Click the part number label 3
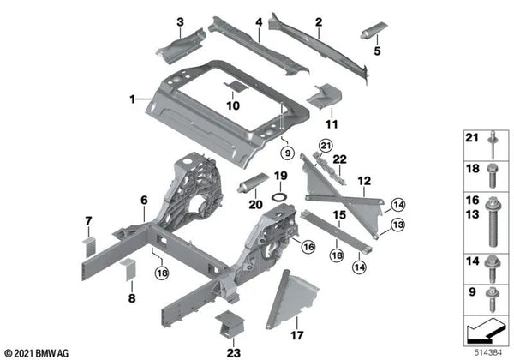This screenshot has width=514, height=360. (180, 22)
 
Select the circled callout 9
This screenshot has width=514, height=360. (288, 153)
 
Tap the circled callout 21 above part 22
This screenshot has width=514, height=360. (326, 146)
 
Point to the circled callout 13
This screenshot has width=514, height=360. (397, 225)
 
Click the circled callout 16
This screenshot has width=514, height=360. (308, 247)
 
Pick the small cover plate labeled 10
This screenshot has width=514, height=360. (236, 87)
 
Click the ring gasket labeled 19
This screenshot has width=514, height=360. (279, 197)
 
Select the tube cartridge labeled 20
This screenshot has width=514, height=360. (253, 183)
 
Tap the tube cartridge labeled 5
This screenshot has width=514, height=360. (374, 30)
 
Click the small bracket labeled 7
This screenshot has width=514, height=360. (89, 248)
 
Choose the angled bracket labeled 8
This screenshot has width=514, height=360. (128, 269)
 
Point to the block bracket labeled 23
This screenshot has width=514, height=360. (230, 324)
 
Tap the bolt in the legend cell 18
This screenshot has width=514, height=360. (493, 176)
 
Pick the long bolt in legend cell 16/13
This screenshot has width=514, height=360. (493, 222)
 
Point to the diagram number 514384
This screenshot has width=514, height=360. (488, 353)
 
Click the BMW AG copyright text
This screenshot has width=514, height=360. (37, 353)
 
